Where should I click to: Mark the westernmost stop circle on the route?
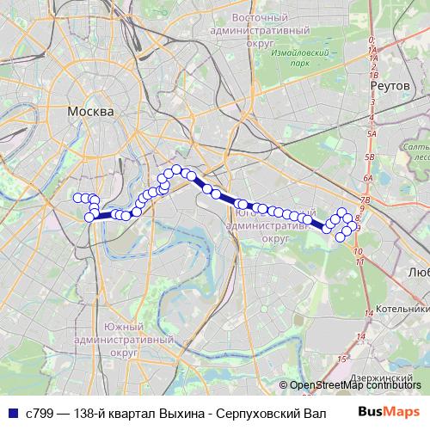pos(77,198)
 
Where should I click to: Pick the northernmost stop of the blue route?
pos(176,169)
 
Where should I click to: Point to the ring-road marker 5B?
pos(370,157)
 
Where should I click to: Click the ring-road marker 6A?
pos(367,178)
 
